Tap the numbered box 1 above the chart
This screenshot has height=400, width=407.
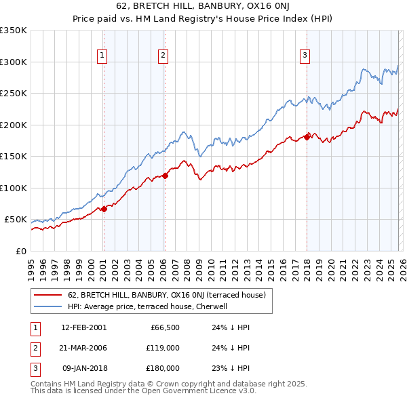(x=102, y=56)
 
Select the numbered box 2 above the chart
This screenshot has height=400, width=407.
(x=163, y=56)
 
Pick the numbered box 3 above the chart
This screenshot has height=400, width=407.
(x=305, y=56)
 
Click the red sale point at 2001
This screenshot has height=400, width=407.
(x=104, y=209)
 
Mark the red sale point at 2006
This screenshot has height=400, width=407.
(x=165, y=176)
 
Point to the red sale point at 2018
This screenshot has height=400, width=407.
(x=307, y=138)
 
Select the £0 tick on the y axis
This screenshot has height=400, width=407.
(x=20, y=251)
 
